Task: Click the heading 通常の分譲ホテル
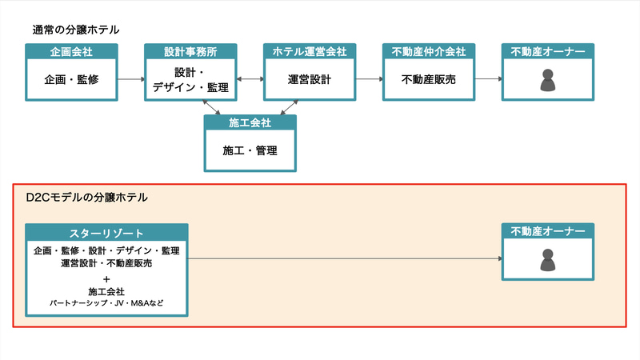point(76,30)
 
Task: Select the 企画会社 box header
point(72,52)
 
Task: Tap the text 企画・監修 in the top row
point(72,79)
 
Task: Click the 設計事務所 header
point(190,52)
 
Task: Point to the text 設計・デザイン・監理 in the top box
point(190,80)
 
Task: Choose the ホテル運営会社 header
point(310,52)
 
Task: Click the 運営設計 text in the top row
point(310,79)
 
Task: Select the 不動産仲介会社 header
point(429,52)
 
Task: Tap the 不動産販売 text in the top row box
point(429,79)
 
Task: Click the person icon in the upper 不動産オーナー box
point(548,80)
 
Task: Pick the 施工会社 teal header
point(250,122)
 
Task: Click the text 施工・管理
point(250,150)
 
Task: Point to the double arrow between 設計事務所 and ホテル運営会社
point(250,79)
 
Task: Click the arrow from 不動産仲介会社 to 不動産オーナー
point(489,79)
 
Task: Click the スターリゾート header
point(106,233)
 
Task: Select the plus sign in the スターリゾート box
point(106,279)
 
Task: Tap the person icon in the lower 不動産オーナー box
point(548,259)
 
